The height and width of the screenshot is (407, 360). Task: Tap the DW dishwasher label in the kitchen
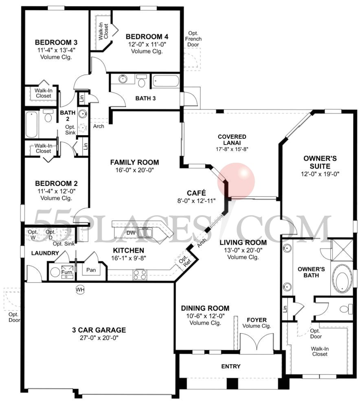tap(131, 233)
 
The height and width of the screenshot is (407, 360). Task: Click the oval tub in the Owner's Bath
tap(342, 280)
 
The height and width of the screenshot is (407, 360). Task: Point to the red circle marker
tap(236, 180)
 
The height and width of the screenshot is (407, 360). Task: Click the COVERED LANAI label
tap(232, 137)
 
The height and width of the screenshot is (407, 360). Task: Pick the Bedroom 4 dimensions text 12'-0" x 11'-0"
tap(147, 44)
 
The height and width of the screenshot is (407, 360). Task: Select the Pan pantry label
tap(91, 270)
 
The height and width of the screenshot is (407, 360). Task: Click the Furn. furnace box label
tap(67, 269)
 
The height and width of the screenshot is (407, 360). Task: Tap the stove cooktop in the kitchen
tap(139, 275)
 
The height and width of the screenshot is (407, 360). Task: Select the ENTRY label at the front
tap(230, 366)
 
